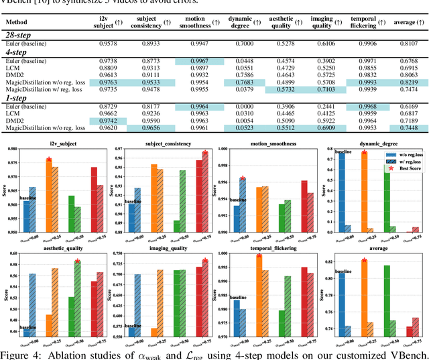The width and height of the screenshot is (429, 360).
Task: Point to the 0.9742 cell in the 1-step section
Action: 107,121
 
